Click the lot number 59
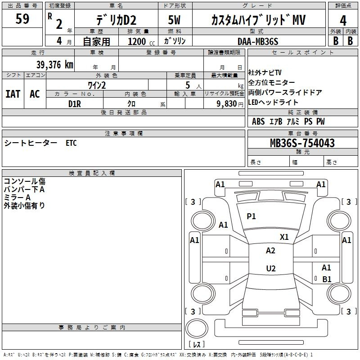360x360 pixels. pos(22,19)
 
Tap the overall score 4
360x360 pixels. pos(343,21)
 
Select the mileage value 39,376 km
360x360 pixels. pos(55,65)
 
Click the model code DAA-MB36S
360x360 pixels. pos(258,41)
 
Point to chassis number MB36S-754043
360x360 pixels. pos(302,143)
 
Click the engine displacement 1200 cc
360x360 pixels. pos(141,41)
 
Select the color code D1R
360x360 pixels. pos(75,104)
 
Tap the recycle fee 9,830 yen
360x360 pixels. pos(230,104)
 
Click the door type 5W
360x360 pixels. pos(174,20)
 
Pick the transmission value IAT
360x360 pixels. pos(13,94)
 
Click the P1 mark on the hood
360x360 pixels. pos(251,216)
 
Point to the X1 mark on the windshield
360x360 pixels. pos(284,237)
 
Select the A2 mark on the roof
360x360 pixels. pos(270,251)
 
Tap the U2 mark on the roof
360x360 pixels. pos(271,268)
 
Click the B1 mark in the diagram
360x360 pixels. pos(327,279)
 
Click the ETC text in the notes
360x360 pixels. pos(71,143)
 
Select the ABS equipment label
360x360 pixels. pos(258,121)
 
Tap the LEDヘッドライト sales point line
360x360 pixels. pos(273,102)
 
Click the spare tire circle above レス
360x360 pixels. pos(197,328)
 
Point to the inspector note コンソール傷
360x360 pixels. pos(25,181)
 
